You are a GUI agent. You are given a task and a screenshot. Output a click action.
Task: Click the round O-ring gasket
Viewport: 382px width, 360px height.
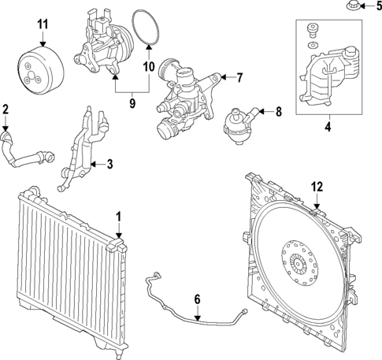pyautogui.click(x=143, y=26)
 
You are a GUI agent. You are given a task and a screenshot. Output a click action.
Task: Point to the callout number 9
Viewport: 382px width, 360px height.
pyautogui.click(x=132, y=102)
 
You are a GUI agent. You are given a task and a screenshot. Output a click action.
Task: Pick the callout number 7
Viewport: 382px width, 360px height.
pyautogui.click(x=241, y=76)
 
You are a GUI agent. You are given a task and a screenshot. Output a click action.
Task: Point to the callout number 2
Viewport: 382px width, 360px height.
pyautogui.click(x=6, y=109)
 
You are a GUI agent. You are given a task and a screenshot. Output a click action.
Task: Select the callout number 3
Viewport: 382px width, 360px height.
pyautogui.click(x=109, y=165)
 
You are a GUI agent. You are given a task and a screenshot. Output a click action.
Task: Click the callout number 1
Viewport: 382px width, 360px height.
pyautogui.click(x=119, y=215)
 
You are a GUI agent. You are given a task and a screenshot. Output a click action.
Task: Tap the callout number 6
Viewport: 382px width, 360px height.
pyautogui.click(x=198, y=299)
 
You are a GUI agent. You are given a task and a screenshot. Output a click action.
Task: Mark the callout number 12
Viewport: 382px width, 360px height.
pyautogui.click(x=316, y=187)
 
